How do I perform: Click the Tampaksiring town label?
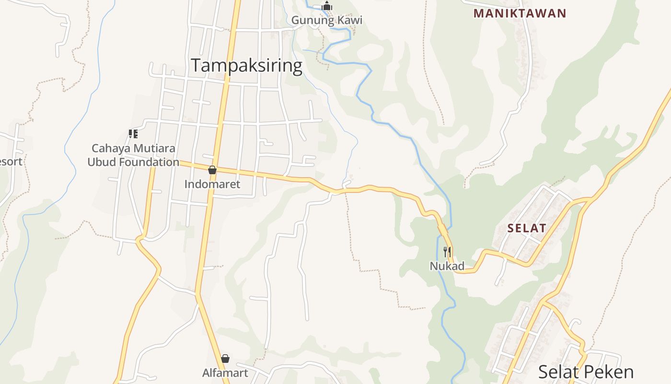[x=247, y=65]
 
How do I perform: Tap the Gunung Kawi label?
[x=327, y=20]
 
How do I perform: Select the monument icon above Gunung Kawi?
[x=327, y=6]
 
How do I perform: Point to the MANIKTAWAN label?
[x=520, y=13]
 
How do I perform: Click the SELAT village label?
[x=527, y=228]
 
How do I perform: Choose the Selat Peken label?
[x=586, y=372]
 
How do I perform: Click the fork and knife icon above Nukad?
[x=447, y=252]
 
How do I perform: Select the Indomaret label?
[x=212, y=184]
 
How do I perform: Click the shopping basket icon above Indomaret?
[x=212, y=170]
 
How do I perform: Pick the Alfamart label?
[x=225, y=372]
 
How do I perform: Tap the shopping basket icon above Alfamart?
[x=225, y=359]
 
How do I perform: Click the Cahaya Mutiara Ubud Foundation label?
[x=133, y=155]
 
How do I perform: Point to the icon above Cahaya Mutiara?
[x=133, y=134]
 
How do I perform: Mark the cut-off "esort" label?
[x=11, y=161]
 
